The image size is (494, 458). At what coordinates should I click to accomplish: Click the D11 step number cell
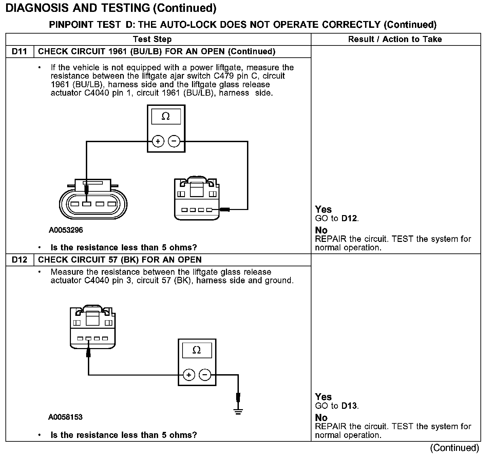(20, 52)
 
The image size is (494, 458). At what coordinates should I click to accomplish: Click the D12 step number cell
(20, 260)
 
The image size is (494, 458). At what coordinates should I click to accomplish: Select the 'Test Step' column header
(152, 39)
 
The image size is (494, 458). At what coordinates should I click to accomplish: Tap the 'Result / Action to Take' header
(395, 39)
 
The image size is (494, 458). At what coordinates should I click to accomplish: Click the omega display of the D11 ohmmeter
(166, 116)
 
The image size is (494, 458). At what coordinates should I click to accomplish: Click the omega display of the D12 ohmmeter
(197, 350)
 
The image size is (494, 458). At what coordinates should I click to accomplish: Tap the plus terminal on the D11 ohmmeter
(158, 141)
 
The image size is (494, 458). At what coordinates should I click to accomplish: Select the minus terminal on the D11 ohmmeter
(174, 141)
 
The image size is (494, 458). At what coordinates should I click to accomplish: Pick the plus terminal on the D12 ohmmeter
(189, 375)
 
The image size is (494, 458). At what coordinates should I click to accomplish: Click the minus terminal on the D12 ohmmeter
(205, 375)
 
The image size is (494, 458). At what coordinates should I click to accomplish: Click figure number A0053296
(66, 230)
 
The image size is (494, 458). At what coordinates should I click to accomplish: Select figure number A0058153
(65, 417)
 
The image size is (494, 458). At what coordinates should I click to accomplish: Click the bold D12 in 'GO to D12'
(349, 218)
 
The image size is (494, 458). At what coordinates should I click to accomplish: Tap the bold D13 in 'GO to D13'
(349, 406)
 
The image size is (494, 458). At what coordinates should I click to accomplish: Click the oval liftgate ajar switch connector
(93, 203)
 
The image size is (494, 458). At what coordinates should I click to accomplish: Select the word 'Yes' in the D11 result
(323, 209)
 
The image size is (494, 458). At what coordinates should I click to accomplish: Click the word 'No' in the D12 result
(321, 418)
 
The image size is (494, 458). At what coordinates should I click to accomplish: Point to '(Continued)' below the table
(454, 448)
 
